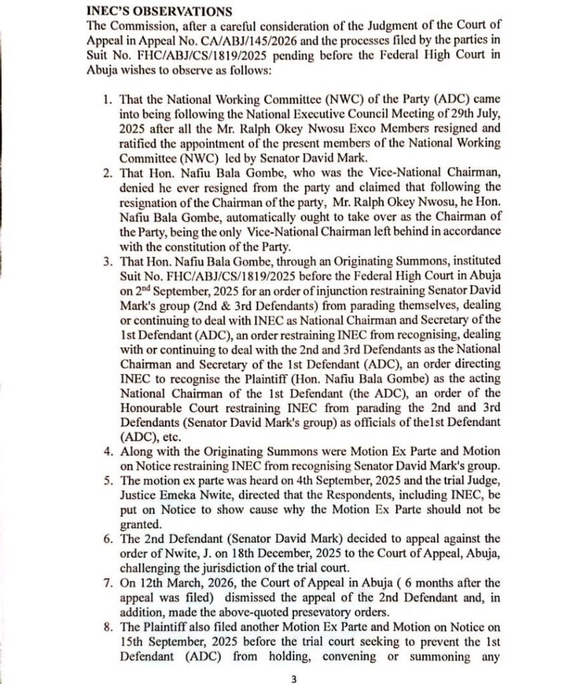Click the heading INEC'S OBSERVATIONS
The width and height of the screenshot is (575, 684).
point(160,11)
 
